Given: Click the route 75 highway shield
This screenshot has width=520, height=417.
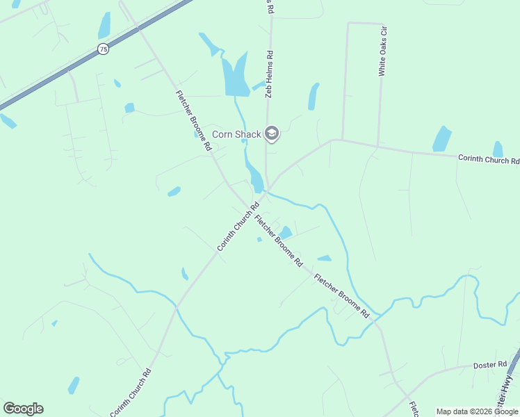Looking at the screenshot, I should [x=103, y=49].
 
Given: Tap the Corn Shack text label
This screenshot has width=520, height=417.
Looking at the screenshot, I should [x=236, y=134].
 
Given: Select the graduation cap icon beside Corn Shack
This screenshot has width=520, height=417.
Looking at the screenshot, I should [x=272, y=133].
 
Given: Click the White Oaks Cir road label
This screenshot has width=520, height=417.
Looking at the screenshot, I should [x=382, y=51].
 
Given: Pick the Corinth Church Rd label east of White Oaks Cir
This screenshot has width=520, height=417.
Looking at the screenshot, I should [x=489, y=159].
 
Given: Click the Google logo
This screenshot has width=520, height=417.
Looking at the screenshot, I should [x=23, y=409].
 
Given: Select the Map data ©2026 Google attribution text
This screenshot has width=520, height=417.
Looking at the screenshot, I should [x=478, y=411].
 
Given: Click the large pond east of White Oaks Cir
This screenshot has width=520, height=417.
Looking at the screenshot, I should [x=442, y=139].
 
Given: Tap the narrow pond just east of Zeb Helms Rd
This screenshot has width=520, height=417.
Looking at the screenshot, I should [x=314, y=97].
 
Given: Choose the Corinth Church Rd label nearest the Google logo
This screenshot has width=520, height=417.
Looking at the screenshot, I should [x=131, y=392].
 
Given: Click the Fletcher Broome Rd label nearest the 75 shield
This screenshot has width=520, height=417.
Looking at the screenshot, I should [x=193, y=121].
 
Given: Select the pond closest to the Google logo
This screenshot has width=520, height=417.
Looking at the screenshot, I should [x=73, y=385].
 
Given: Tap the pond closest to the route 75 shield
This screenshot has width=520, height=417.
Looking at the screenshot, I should [x=104, y=26].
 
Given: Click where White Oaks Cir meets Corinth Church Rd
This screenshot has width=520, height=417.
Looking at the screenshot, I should [x=377, y=147].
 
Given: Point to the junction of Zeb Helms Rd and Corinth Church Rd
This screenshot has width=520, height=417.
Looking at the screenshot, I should [x=269, y=189].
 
